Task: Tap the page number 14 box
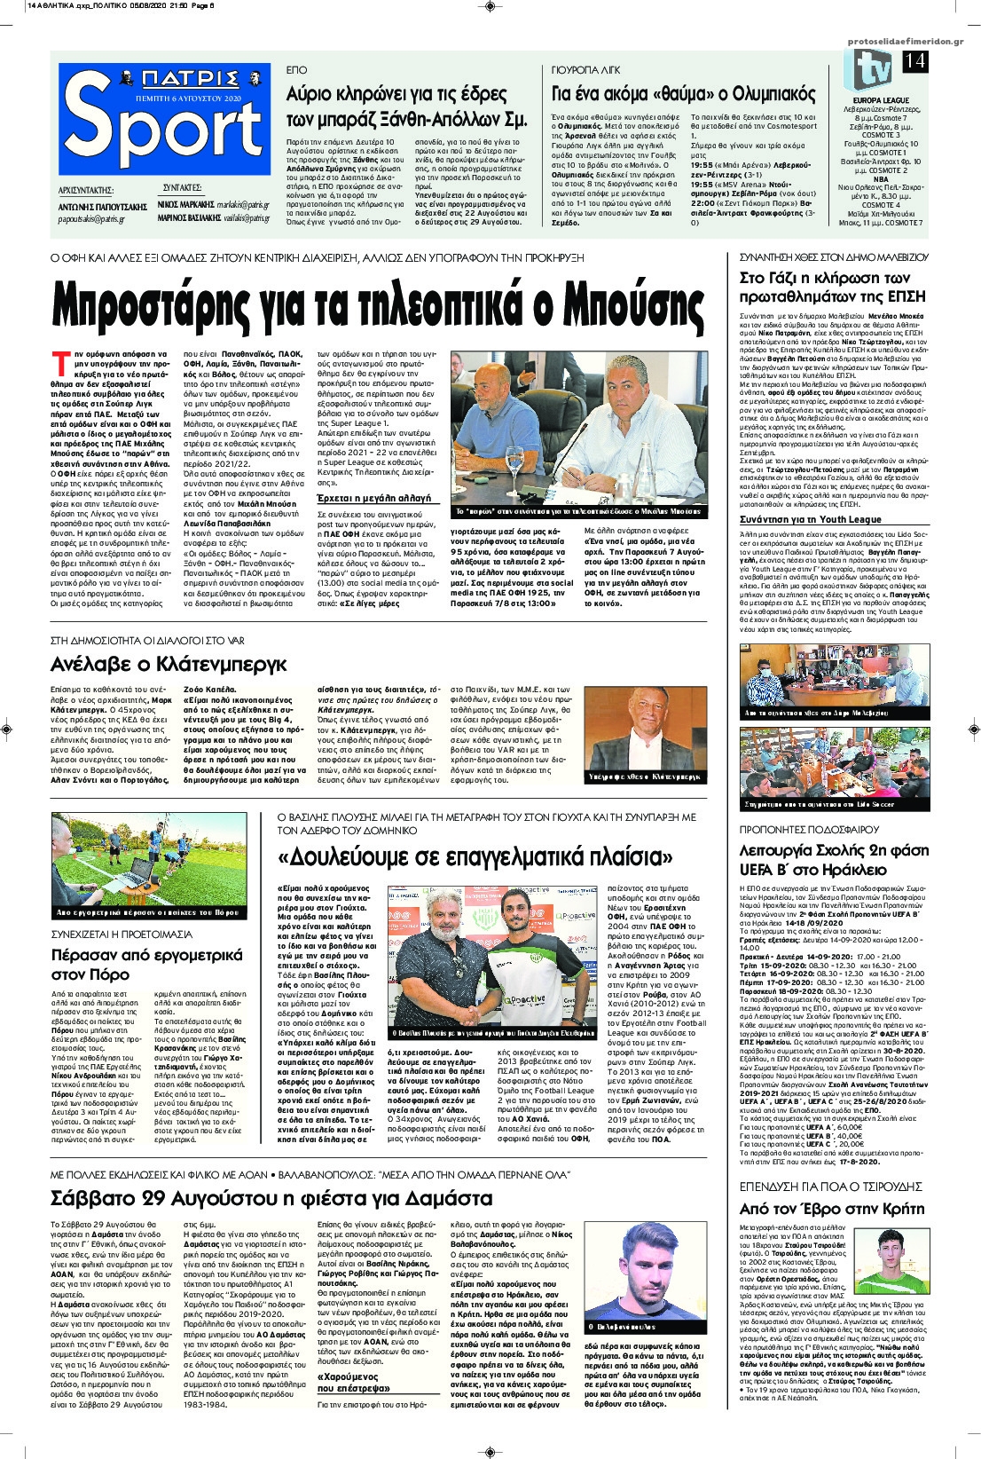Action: click(915, 61)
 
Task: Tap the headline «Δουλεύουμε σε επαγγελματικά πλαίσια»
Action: click(475, 857)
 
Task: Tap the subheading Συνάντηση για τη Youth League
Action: click(811, 519)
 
